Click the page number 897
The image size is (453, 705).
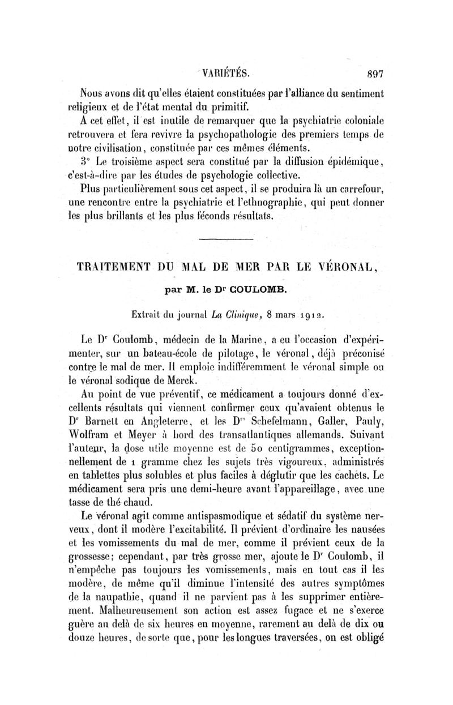click(x=376, y=72)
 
